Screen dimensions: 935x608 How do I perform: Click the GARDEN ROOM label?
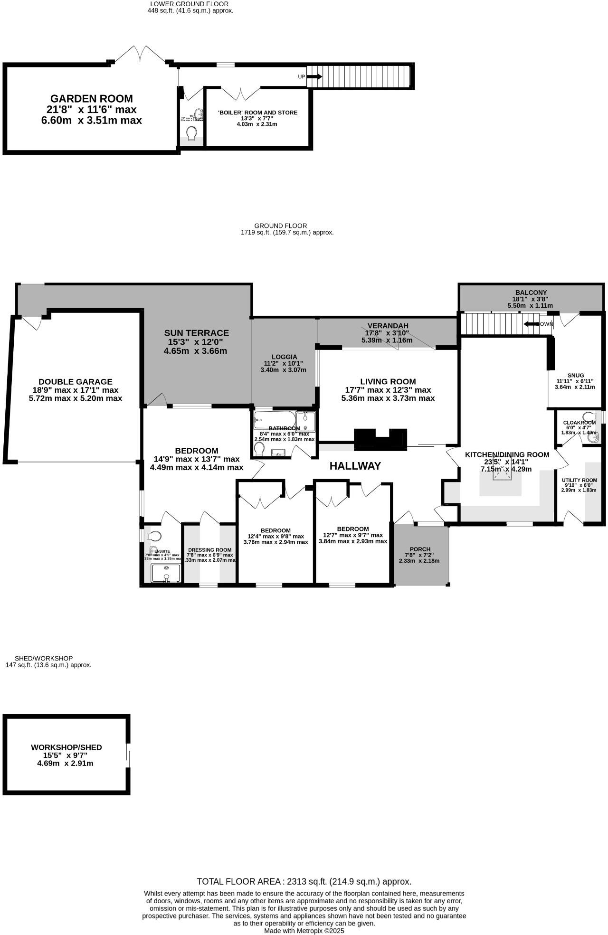pos(91,99)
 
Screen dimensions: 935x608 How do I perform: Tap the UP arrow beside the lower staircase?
pos(314,76)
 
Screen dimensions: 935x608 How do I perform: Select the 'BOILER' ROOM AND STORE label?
pos(257,113)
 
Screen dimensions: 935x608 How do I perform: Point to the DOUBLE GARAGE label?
pos(76,381)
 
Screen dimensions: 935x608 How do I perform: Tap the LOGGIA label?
pos(284,357)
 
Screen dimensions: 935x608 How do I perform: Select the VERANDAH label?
pos(388,325)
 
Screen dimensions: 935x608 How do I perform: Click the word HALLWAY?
pos(355,466)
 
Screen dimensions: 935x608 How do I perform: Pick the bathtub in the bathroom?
pos(274,420)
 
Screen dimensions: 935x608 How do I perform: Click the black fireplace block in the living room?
pos(380,439)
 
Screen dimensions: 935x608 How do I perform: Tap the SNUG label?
pos(575,375)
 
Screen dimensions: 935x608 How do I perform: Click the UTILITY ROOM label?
pos(579,480)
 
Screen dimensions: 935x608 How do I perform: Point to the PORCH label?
pos(420,549)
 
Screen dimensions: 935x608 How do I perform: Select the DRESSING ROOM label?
pos(209,549)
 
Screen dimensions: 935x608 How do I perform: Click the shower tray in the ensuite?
pos(166,573)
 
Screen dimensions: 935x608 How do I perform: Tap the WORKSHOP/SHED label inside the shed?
pos(66,747)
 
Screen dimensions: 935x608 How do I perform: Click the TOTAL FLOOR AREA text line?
pos(304,881)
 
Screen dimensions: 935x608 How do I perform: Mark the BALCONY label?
pos(531,293)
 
